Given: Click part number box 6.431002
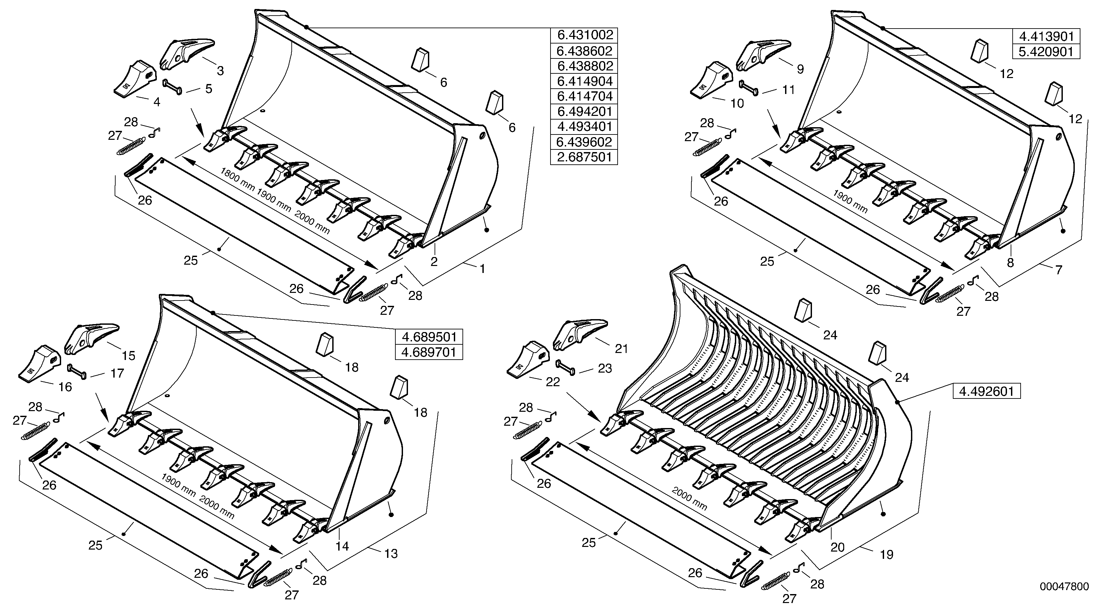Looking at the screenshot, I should click(584, 35).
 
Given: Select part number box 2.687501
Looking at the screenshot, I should click(584, 157).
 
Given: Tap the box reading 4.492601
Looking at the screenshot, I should click(986, 392).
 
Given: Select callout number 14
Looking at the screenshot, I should click(343, 546).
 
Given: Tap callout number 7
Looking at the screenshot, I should click(1058, 270).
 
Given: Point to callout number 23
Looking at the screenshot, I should click(605, 368).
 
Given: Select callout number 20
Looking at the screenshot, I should click(838, 547).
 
